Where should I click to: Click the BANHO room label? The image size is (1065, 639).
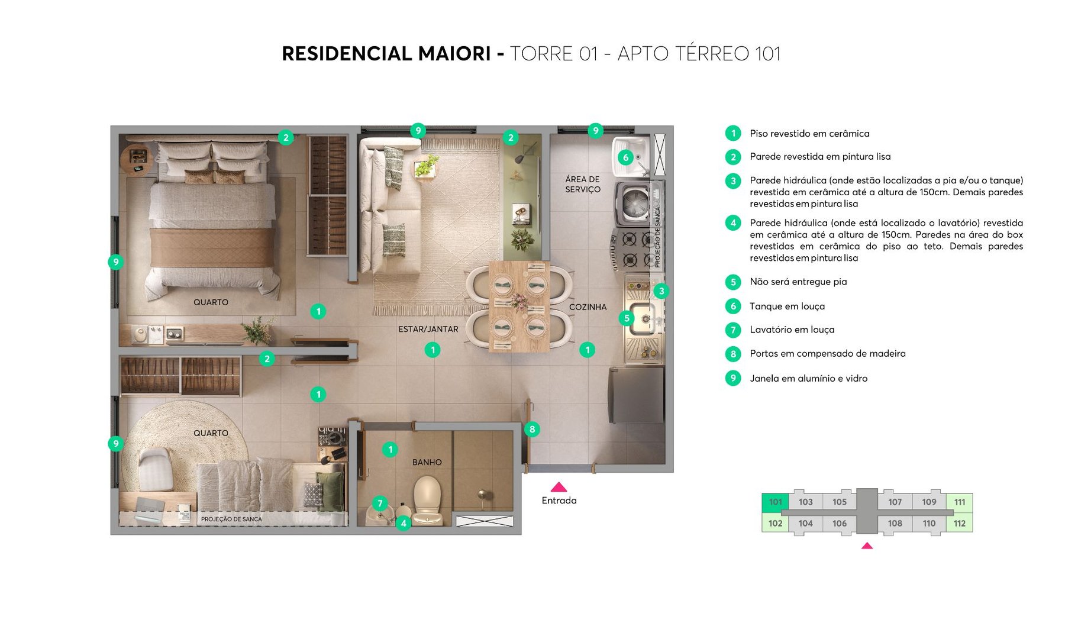coord(427,462)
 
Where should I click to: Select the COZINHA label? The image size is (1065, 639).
coord(588,307)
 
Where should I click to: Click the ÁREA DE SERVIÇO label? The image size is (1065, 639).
coord(582,184)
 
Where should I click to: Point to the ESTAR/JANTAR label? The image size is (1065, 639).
coord(428,329)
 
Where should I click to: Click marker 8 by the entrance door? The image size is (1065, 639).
coord(532,430)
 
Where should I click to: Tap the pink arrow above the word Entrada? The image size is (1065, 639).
coord(559,488)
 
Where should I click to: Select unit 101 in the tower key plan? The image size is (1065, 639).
coord(775,502)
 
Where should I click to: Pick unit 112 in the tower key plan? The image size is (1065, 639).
coord(959,523)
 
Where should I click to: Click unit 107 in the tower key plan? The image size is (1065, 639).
coord(895,502)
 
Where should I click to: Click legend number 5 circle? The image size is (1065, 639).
coord(733,282)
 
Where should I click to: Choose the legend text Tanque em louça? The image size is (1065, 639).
coord(787,306)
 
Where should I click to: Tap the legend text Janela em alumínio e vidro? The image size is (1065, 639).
coord(808,379)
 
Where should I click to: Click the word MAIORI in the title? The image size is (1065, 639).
coord(454,54)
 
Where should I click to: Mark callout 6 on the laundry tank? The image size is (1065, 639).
coord(625,157)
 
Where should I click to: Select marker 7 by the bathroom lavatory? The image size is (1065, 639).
coord(380,504)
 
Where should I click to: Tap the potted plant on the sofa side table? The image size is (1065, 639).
coord(427,165)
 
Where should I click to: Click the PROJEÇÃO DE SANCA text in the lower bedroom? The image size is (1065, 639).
coord(231,519)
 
